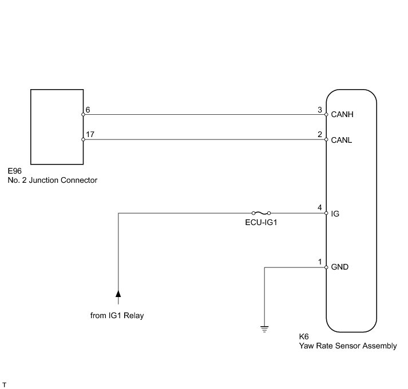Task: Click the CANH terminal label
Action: (343, 114)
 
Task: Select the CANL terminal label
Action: (342, 139)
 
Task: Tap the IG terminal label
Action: (335, 214)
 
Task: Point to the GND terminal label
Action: (340, 267)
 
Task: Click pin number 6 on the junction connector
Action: (88, 110)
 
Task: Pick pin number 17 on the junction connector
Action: (89, 134)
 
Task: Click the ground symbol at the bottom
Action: (264, 328)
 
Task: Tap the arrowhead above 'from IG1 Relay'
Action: (118, 294)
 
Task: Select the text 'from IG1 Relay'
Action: (117, 315)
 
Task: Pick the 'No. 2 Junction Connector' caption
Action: (52, 180)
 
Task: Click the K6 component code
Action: (304, 337)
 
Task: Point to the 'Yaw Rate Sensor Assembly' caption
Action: (347, 346)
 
